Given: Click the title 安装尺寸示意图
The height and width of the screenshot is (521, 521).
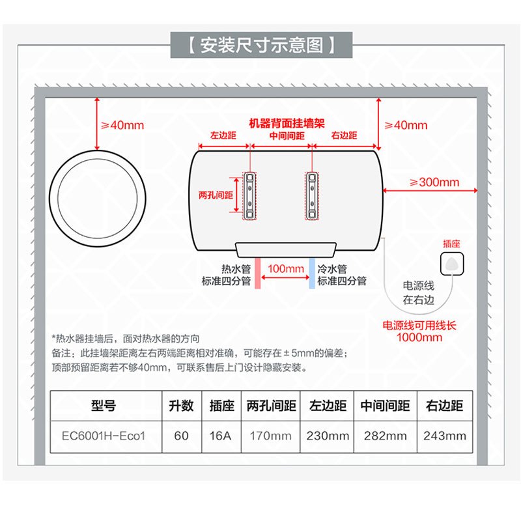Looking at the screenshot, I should click(x=261, y=46).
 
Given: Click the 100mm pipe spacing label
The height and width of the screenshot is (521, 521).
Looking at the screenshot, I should click(x=286, y=269).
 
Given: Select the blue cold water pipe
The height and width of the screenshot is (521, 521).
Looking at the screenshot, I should click(x=312, y=273).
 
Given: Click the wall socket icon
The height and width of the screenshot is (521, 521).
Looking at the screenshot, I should click(x=451, y=264).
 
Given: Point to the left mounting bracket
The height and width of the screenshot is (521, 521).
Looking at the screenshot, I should click(x=250, y=196).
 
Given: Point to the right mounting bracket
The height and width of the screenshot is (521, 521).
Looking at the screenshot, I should click(x=313, y=196).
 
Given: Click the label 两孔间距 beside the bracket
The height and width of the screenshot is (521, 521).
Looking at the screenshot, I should click(x=216, y=195).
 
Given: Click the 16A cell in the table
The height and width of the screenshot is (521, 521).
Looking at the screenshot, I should click(x=221, y=436).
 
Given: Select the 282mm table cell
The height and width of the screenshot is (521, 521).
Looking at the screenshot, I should click(x=385, y=436).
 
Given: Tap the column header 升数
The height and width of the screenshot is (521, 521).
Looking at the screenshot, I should click(x=181, y=406).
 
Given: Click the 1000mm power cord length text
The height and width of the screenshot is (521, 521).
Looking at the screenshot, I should click(x=420, y=337).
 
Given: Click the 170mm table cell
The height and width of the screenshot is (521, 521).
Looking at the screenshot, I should click(x=270, y=436).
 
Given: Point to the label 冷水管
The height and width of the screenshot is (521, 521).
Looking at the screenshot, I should click(x=333, y=269).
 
